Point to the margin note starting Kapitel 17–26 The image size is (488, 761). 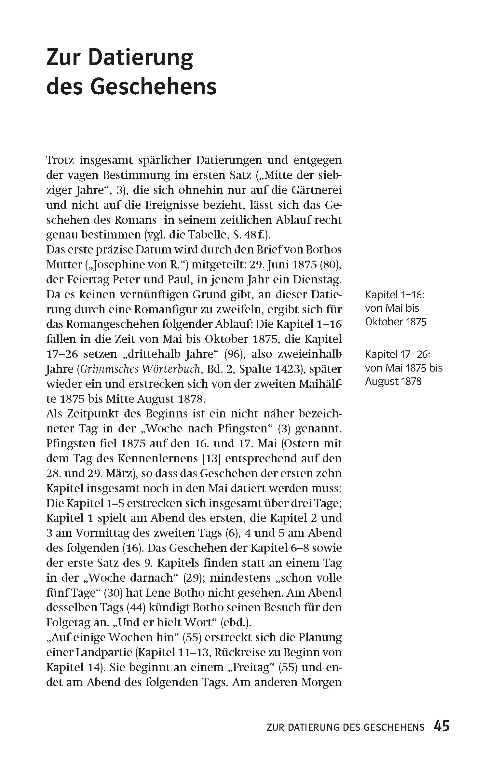(404, 368)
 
